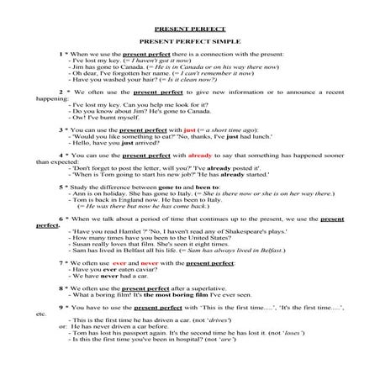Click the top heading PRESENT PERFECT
pyautogui.click(x=189, y=28)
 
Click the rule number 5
pyautogui.click(x=61, y=185)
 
